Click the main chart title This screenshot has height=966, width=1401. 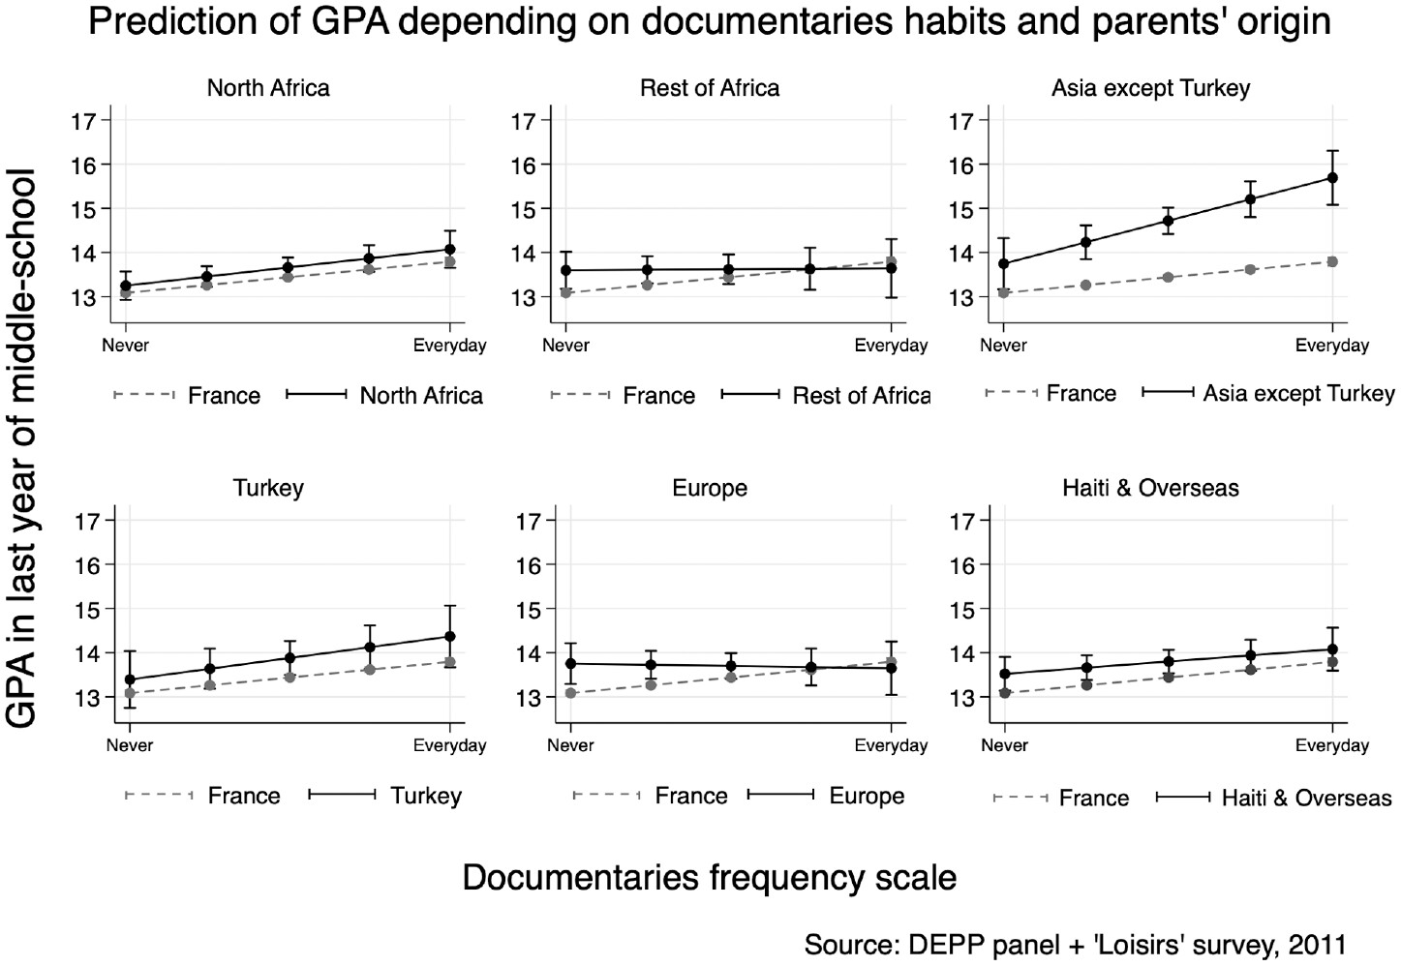[x=709, y=21]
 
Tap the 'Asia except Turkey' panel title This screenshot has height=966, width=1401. [x=1150, y=88]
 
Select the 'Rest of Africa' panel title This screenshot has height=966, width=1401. [x=709, y=88]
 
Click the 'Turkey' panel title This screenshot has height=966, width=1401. [x=268, y=488]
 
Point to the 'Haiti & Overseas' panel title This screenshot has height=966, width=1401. [x=1150, y=488]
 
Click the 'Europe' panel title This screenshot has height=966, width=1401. [x=709, y=488]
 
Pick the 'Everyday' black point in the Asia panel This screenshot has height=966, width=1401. [x=1332, y=178]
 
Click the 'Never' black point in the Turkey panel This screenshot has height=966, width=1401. [x=130, y=679]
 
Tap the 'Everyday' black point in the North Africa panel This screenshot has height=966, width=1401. [x=450, y=250]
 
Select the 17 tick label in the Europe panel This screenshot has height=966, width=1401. [x=528, y=522]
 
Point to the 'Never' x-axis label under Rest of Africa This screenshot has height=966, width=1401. [x=565, y=346]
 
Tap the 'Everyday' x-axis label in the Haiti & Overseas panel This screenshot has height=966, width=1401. [x=1332, y=745]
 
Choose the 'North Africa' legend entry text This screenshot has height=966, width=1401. [x=421, y=395]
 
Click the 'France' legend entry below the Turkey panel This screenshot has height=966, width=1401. [x=243, y=796]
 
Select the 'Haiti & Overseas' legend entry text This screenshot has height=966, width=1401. [x=1306, y=798]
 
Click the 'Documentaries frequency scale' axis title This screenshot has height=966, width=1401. [x=709, y=877]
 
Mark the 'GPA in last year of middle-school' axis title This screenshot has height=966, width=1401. [x=21, y=448]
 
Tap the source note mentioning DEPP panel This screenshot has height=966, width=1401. [x=1074, y=944]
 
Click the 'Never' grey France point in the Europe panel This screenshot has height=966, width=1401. [x=570, y=693]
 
